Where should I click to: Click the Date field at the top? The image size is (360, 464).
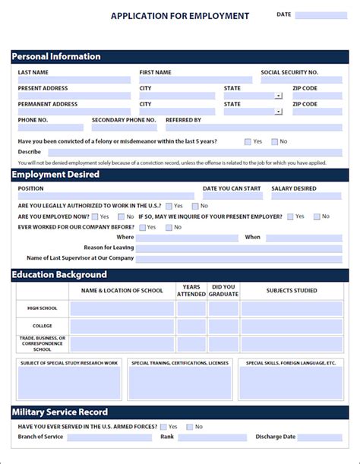[x=321, y=15]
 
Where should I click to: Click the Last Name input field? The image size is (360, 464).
[x=74, y=80]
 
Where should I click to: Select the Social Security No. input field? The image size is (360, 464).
[x=301, y=80]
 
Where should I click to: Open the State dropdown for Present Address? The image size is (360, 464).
[x=279, y=96]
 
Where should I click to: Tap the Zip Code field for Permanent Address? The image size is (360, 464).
[x=317, y=112]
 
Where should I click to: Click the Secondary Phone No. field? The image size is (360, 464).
[x=125, y=128]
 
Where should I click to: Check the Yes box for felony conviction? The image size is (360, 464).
[x=248, y=141]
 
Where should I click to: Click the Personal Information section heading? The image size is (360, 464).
[x=56, y=56]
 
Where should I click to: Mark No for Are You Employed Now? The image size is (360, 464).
[x=121, y=216]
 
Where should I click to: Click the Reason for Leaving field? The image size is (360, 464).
[x=238, y=248]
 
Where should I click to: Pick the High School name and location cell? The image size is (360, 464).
[x=122, y=308]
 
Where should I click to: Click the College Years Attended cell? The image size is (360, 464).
[x=191, y=327]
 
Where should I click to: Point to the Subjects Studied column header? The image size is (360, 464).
[x=292, y=290]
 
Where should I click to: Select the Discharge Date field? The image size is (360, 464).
[x=320, y=437]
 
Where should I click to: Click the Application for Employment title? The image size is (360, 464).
[x=180, y=15]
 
